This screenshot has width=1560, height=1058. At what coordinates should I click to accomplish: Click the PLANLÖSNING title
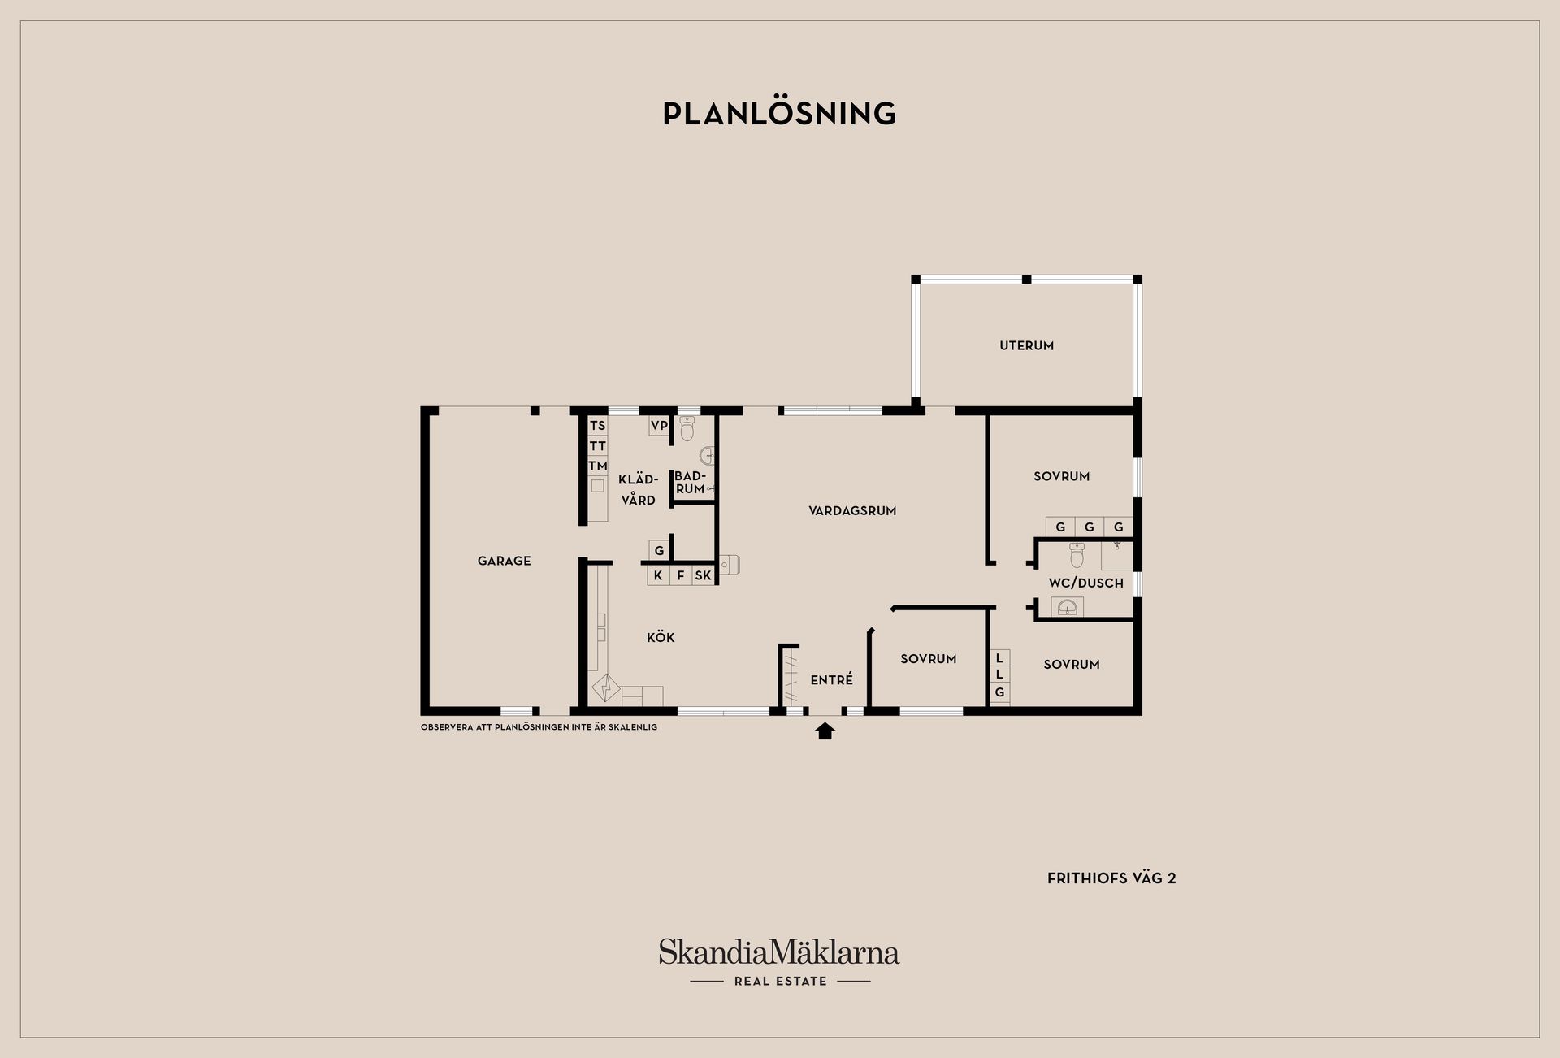click(x=779, y=114)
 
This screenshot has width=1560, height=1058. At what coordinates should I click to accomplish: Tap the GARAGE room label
click(x=504, y=561)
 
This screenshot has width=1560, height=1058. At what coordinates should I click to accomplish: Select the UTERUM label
click(x=1026, y=345)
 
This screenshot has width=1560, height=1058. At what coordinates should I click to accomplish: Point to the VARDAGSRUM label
click(x=852, y=511)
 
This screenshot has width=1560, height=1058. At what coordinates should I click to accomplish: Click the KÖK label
click(x=661, y=638)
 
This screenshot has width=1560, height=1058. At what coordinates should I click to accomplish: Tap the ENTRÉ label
click(x=831, y=680)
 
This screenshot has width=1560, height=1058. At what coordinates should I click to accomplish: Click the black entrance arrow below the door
click(x=825, y=731)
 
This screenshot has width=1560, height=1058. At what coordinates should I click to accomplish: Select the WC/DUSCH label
click(x=1085, y=583)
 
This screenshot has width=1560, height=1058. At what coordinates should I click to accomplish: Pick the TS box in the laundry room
click(x=597, y=426)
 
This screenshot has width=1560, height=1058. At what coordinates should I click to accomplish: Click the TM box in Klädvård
click(x=597, y=466)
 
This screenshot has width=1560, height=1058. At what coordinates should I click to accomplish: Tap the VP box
click(x=659, y=426)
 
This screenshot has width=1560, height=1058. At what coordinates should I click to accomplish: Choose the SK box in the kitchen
click(x=703, y=575)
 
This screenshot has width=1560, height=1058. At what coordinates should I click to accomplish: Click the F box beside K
click(x=681, y=575)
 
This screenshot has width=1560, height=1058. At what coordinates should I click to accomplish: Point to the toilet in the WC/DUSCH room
click(x=1077, y=555)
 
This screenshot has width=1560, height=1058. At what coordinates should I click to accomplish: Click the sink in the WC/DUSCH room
click(x=1067, y=607)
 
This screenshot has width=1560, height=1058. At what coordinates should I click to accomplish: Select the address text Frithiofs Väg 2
click(x=1111, y=878)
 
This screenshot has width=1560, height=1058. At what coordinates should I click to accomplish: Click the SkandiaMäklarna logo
click(x=779, y=953)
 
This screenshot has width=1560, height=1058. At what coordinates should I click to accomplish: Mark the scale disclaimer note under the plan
click(x=539, y=727)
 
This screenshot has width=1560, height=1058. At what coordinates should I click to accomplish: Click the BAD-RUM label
click(x=690, y=483)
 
